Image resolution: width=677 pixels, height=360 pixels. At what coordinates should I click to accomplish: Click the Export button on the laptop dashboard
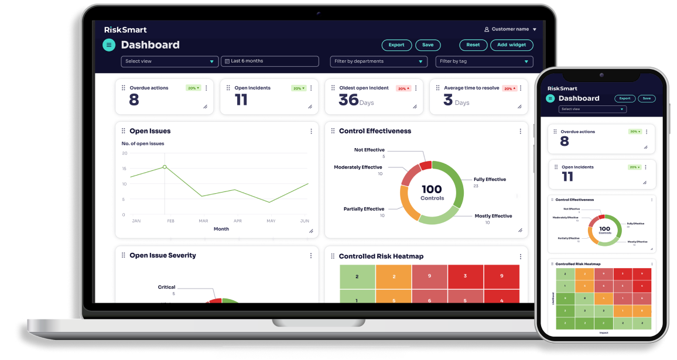396,45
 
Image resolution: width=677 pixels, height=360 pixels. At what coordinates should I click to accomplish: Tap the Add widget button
511,45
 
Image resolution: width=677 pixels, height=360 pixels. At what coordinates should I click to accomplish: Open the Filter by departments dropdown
378,61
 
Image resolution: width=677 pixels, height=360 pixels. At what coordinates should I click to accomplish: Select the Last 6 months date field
270,61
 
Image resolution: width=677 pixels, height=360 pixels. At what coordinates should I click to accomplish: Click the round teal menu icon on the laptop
108,45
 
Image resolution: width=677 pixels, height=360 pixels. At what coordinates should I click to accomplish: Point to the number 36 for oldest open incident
348,100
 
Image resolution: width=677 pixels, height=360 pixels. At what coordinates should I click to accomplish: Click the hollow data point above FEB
165,167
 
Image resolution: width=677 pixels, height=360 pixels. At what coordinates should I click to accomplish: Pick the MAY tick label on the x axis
271,221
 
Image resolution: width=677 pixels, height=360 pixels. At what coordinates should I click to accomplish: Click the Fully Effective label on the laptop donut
490,180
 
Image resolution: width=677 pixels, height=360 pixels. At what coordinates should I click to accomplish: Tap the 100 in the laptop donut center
432,189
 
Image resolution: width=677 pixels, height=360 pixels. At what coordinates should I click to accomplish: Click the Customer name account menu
510,29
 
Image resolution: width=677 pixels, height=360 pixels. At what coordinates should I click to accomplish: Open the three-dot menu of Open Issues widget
311,132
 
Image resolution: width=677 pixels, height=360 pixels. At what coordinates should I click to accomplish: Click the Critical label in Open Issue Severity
166,287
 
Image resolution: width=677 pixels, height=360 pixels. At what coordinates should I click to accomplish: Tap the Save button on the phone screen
647,98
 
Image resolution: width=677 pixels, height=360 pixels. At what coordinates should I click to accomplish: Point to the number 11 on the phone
567,177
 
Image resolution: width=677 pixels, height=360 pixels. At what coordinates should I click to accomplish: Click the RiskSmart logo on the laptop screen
125,30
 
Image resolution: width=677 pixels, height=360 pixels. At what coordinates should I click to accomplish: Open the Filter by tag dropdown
484,61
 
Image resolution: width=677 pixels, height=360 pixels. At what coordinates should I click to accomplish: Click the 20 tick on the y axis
124,153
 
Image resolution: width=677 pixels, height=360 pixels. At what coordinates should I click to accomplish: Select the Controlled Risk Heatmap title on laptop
381,256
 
